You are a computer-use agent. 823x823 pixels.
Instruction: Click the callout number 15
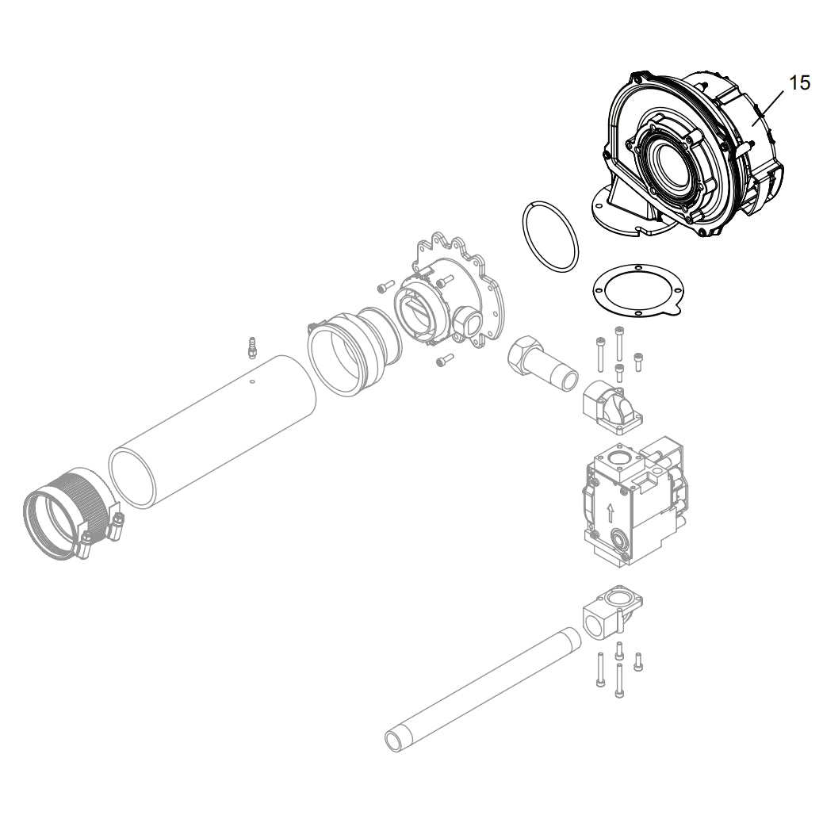pos(799,83)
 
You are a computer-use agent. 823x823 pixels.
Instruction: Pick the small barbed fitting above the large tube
pos(251,347)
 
